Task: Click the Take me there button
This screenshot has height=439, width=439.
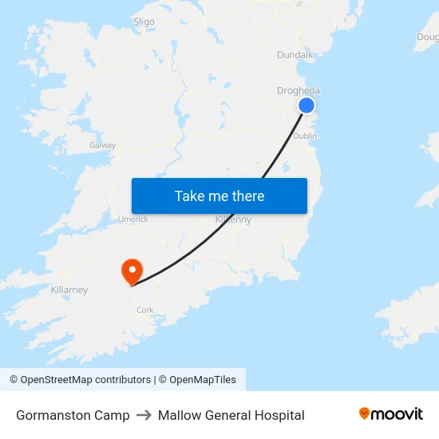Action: (x=219, y=196)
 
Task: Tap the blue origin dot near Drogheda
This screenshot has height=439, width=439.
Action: (x=306, y=105)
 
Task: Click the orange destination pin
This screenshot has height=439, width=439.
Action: (x=131, y=271)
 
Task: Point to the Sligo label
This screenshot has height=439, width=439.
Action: (x=144, y=22)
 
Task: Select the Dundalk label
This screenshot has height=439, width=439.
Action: (x=295, y=55)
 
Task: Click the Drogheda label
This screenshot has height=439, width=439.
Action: (x=298, y=90)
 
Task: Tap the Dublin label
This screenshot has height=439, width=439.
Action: (x=305, y=136)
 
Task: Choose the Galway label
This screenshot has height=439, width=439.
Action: (x=102, y=145)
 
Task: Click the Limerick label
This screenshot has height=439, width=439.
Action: (x=132, y=219)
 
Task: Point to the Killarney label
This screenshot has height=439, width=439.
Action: (x=69, y=290)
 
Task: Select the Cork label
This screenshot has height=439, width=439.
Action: (x=144, y=310)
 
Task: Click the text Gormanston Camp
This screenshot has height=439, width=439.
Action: (x=73, y=415)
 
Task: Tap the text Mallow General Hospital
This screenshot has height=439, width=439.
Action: (x=231, y=415)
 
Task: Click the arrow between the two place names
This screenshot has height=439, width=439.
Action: (x=144, y=415)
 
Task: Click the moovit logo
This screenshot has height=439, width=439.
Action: (x=391, y=414)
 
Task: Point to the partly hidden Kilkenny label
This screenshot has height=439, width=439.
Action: (x=234, y=219)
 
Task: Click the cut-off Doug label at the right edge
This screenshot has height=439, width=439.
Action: (x=428, y=37)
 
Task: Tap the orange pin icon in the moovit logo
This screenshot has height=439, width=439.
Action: (x=365, y=413)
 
